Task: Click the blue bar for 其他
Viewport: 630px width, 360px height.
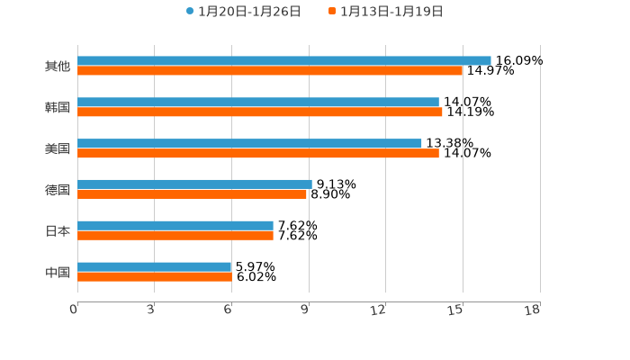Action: [284, 60]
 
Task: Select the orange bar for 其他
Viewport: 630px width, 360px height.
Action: [270, 70]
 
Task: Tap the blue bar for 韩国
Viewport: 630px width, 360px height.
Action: [258, 102]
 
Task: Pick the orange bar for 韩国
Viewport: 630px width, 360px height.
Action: [260, 112]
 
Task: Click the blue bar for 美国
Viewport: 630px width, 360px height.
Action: [249, 143]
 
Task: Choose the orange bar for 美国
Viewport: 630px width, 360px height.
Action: [258, 153]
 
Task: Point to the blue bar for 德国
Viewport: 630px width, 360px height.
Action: [194, 184]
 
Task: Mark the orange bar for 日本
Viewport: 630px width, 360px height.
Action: [175, 235]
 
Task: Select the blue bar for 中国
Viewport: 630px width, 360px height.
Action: [155, 266]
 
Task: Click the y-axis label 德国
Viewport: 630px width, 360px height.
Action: [58, 190]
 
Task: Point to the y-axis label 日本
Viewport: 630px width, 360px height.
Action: [58, 230]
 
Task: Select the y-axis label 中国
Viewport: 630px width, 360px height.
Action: [58, 272]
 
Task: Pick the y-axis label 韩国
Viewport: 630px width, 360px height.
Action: [58, 107]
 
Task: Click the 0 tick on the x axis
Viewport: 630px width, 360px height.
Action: [74, 310]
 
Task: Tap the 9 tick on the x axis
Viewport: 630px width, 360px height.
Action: [305, 310]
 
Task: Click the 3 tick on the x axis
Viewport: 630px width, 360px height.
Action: [150, 310]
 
